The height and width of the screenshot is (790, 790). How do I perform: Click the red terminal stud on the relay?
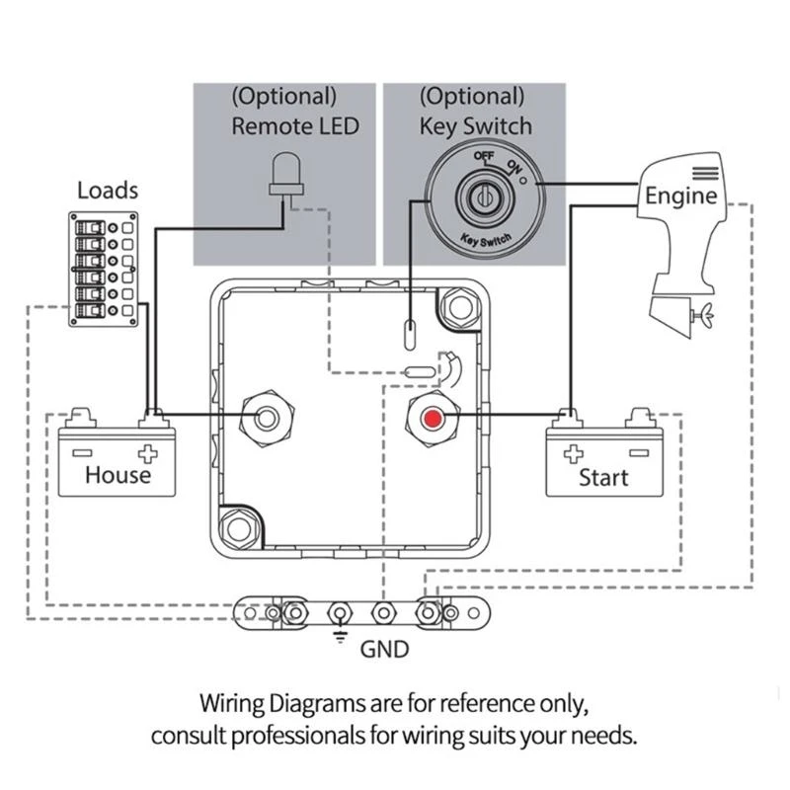(x=433, y=419)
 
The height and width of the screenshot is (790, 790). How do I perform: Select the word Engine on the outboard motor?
(x=680, y=196)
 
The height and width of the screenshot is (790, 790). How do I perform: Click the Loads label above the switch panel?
(x=108, y=191)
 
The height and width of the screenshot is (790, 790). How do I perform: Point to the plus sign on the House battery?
(x=147, y=453)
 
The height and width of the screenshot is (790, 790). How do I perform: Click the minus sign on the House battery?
(x=82, y=453)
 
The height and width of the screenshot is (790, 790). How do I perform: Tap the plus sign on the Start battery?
(x=574, y=453)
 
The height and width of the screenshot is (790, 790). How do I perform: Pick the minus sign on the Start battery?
(x=639, y=453)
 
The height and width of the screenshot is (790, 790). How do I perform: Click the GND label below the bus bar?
(x=384, y=650)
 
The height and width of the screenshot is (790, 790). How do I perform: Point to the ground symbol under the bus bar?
(x=341, y=635)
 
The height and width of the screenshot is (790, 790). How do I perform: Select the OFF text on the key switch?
(x=484, y=156)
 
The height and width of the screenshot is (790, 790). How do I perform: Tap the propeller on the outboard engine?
(x=704, y=315)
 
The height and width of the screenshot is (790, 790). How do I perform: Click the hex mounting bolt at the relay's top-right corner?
(x=460, y=307)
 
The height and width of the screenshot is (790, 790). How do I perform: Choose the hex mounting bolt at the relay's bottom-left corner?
(x=239, y=529)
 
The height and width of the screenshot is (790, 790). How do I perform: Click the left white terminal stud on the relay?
(x=267, y=418)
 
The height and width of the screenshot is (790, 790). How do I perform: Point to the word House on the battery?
(x=118, y=475)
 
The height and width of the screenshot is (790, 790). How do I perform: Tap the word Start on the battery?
(x=603, y=478)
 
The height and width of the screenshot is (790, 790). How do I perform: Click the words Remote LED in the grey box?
(x=295, y=126)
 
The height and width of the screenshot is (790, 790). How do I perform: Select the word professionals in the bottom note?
(x=298, y=736)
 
